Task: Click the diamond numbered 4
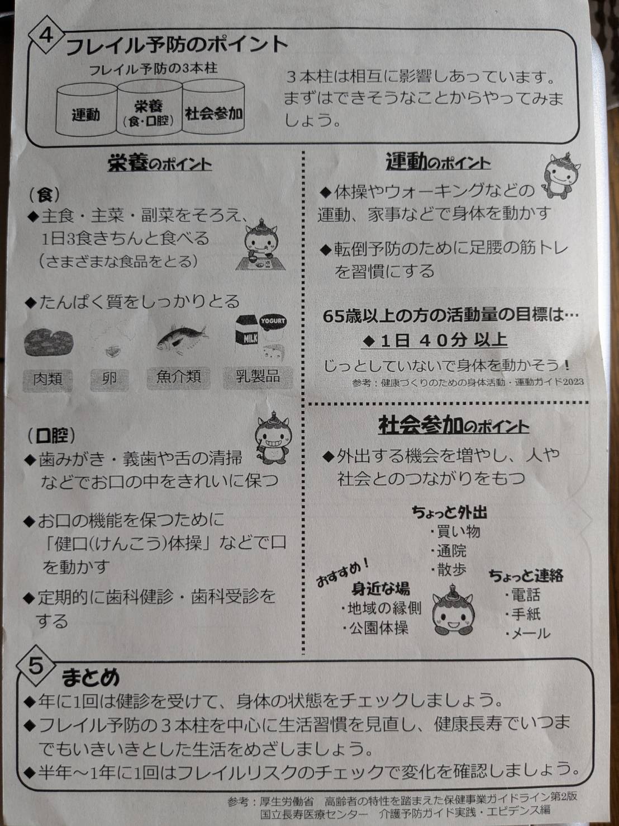click(46, 36)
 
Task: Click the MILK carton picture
click(246, 332)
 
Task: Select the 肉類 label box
click(47, 379)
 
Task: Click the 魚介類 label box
click(179, 377)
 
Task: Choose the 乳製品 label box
click(258, 377)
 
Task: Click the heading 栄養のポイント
click(160, 164)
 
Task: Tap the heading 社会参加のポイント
click(454, 426)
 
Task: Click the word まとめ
click(91, 677)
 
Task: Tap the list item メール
click(528, 634)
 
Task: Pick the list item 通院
click(449, 551)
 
